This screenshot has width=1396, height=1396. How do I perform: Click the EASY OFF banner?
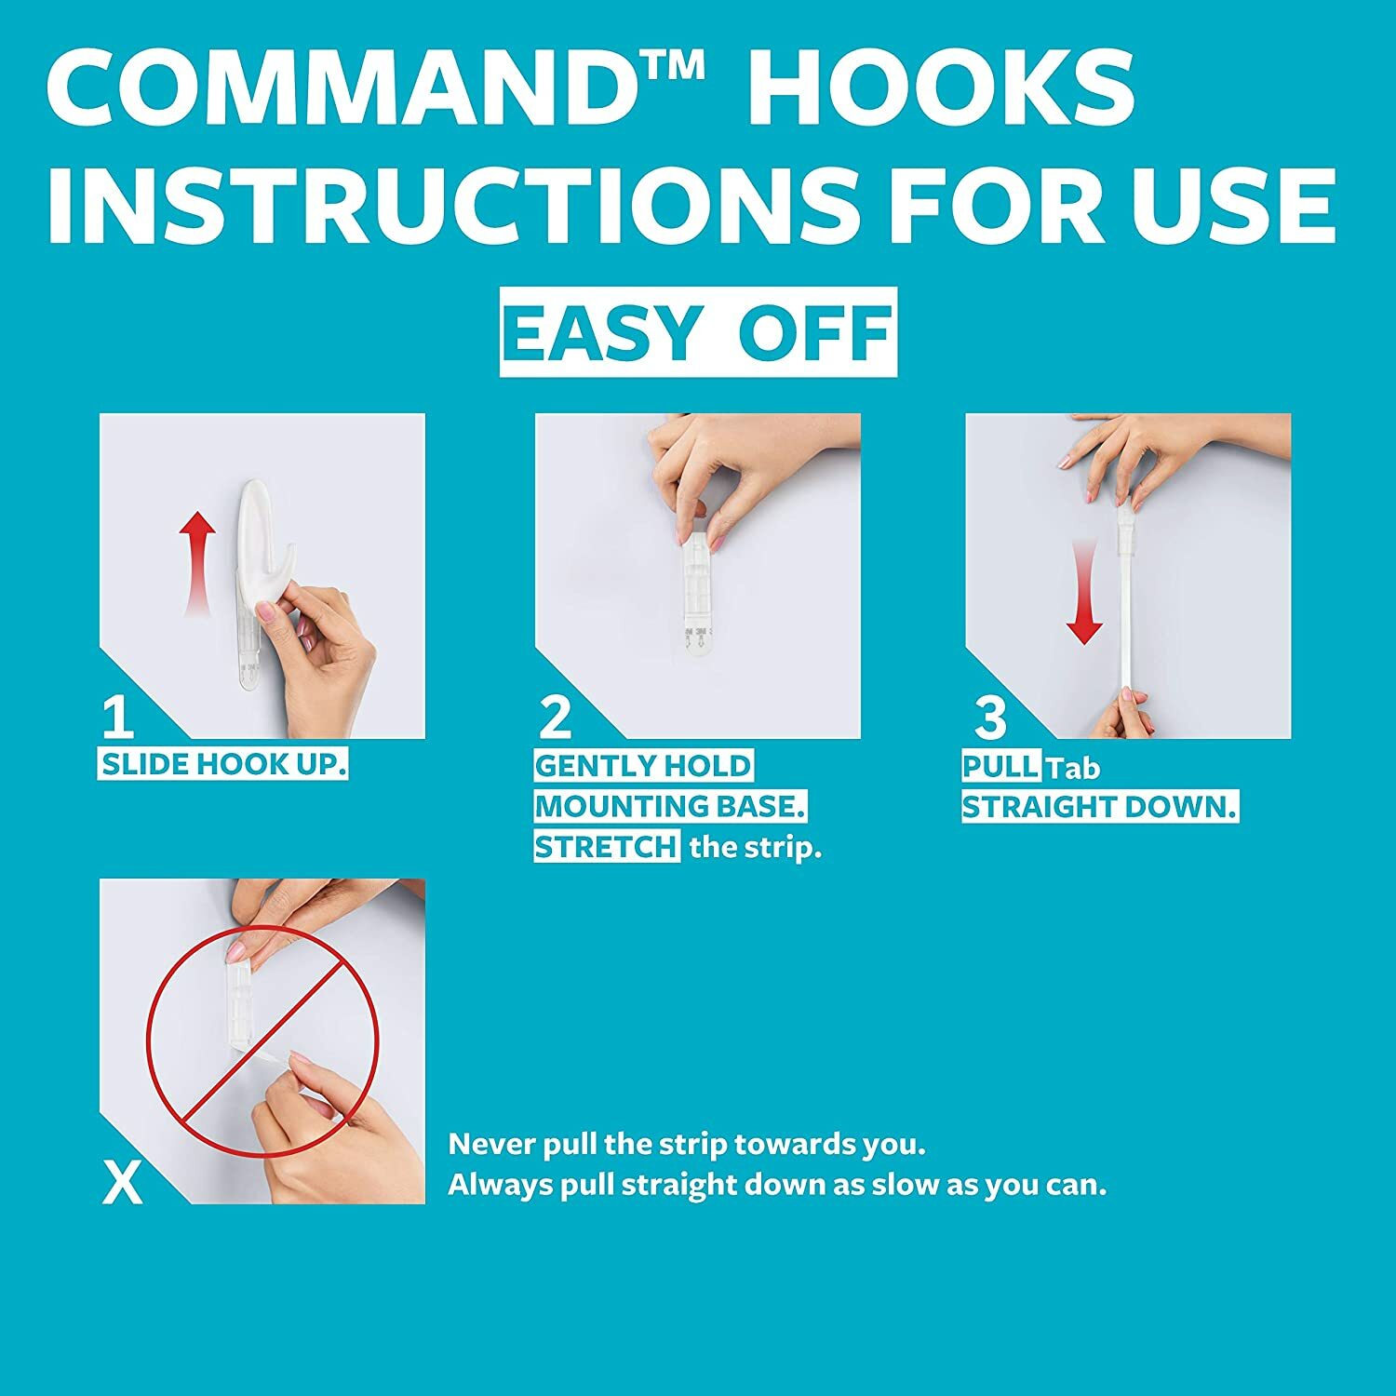698,332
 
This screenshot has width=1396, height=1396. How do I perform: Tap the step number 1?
117,718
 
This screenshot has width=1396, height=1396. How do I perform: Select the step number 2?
556,718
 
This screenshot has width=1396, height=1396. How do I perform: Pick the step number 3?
990,718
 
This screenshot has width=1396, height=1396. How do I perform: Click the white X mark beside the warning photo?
122,1183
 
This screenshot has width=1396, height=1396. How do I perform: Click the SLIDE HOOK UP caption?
223,765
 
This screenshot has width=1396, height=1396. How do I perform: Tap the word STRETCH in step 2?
607,848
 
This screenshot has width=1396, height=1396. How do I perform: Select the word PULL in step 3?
1000,767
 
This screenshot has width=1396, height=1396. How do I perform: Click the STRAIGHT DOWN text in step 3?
1099,807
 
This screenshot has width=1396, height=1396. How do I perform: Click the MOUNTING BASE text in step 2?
670,807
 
